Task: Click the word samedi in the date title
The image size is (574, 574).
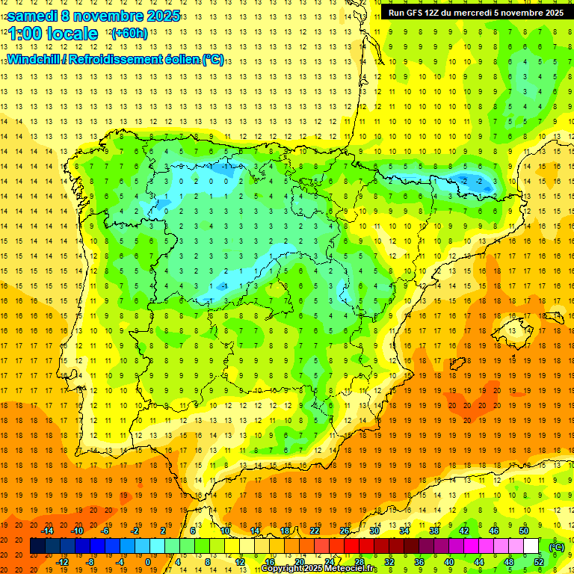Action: tap(34, 15)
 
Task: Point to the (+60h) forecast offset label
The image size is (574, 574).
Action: tap(129, 34)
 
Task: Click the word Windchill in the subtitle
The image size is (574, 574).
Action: tap(37, 59)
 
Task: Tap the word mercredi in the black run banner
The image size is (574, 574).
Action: tap(487, 13)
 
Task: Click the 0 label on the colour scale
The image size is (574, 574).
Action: tap(147, 561)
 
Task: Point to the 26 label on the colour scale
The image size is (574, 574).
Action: tap(345, 531)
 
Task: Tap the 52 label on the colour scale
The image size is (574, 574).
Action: tap(538, 561)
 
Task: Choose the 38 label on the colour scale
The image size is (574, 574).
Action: tap(434, 531)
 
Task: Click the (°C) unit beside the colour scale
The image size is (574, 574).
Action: tap(556, 546)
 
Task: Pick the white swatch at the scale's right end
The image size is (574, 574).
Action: tap(531, 546)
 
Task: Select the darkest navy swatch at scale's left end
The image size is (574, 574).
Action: tap(37, 546)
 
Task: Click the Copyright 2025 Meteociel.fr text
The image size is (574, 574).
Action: tap(319, 569)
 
